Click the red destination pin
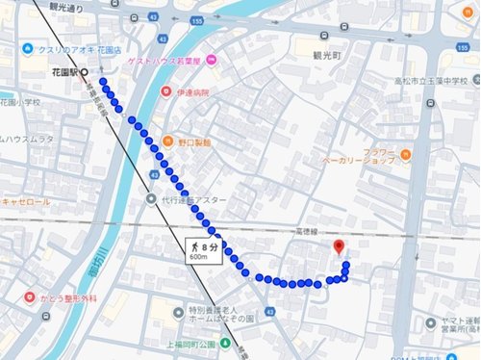(x=339, y=246)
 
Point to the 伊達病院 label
(x=192, y=93)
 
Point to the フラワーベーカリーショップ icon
(x=406, y=154)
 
